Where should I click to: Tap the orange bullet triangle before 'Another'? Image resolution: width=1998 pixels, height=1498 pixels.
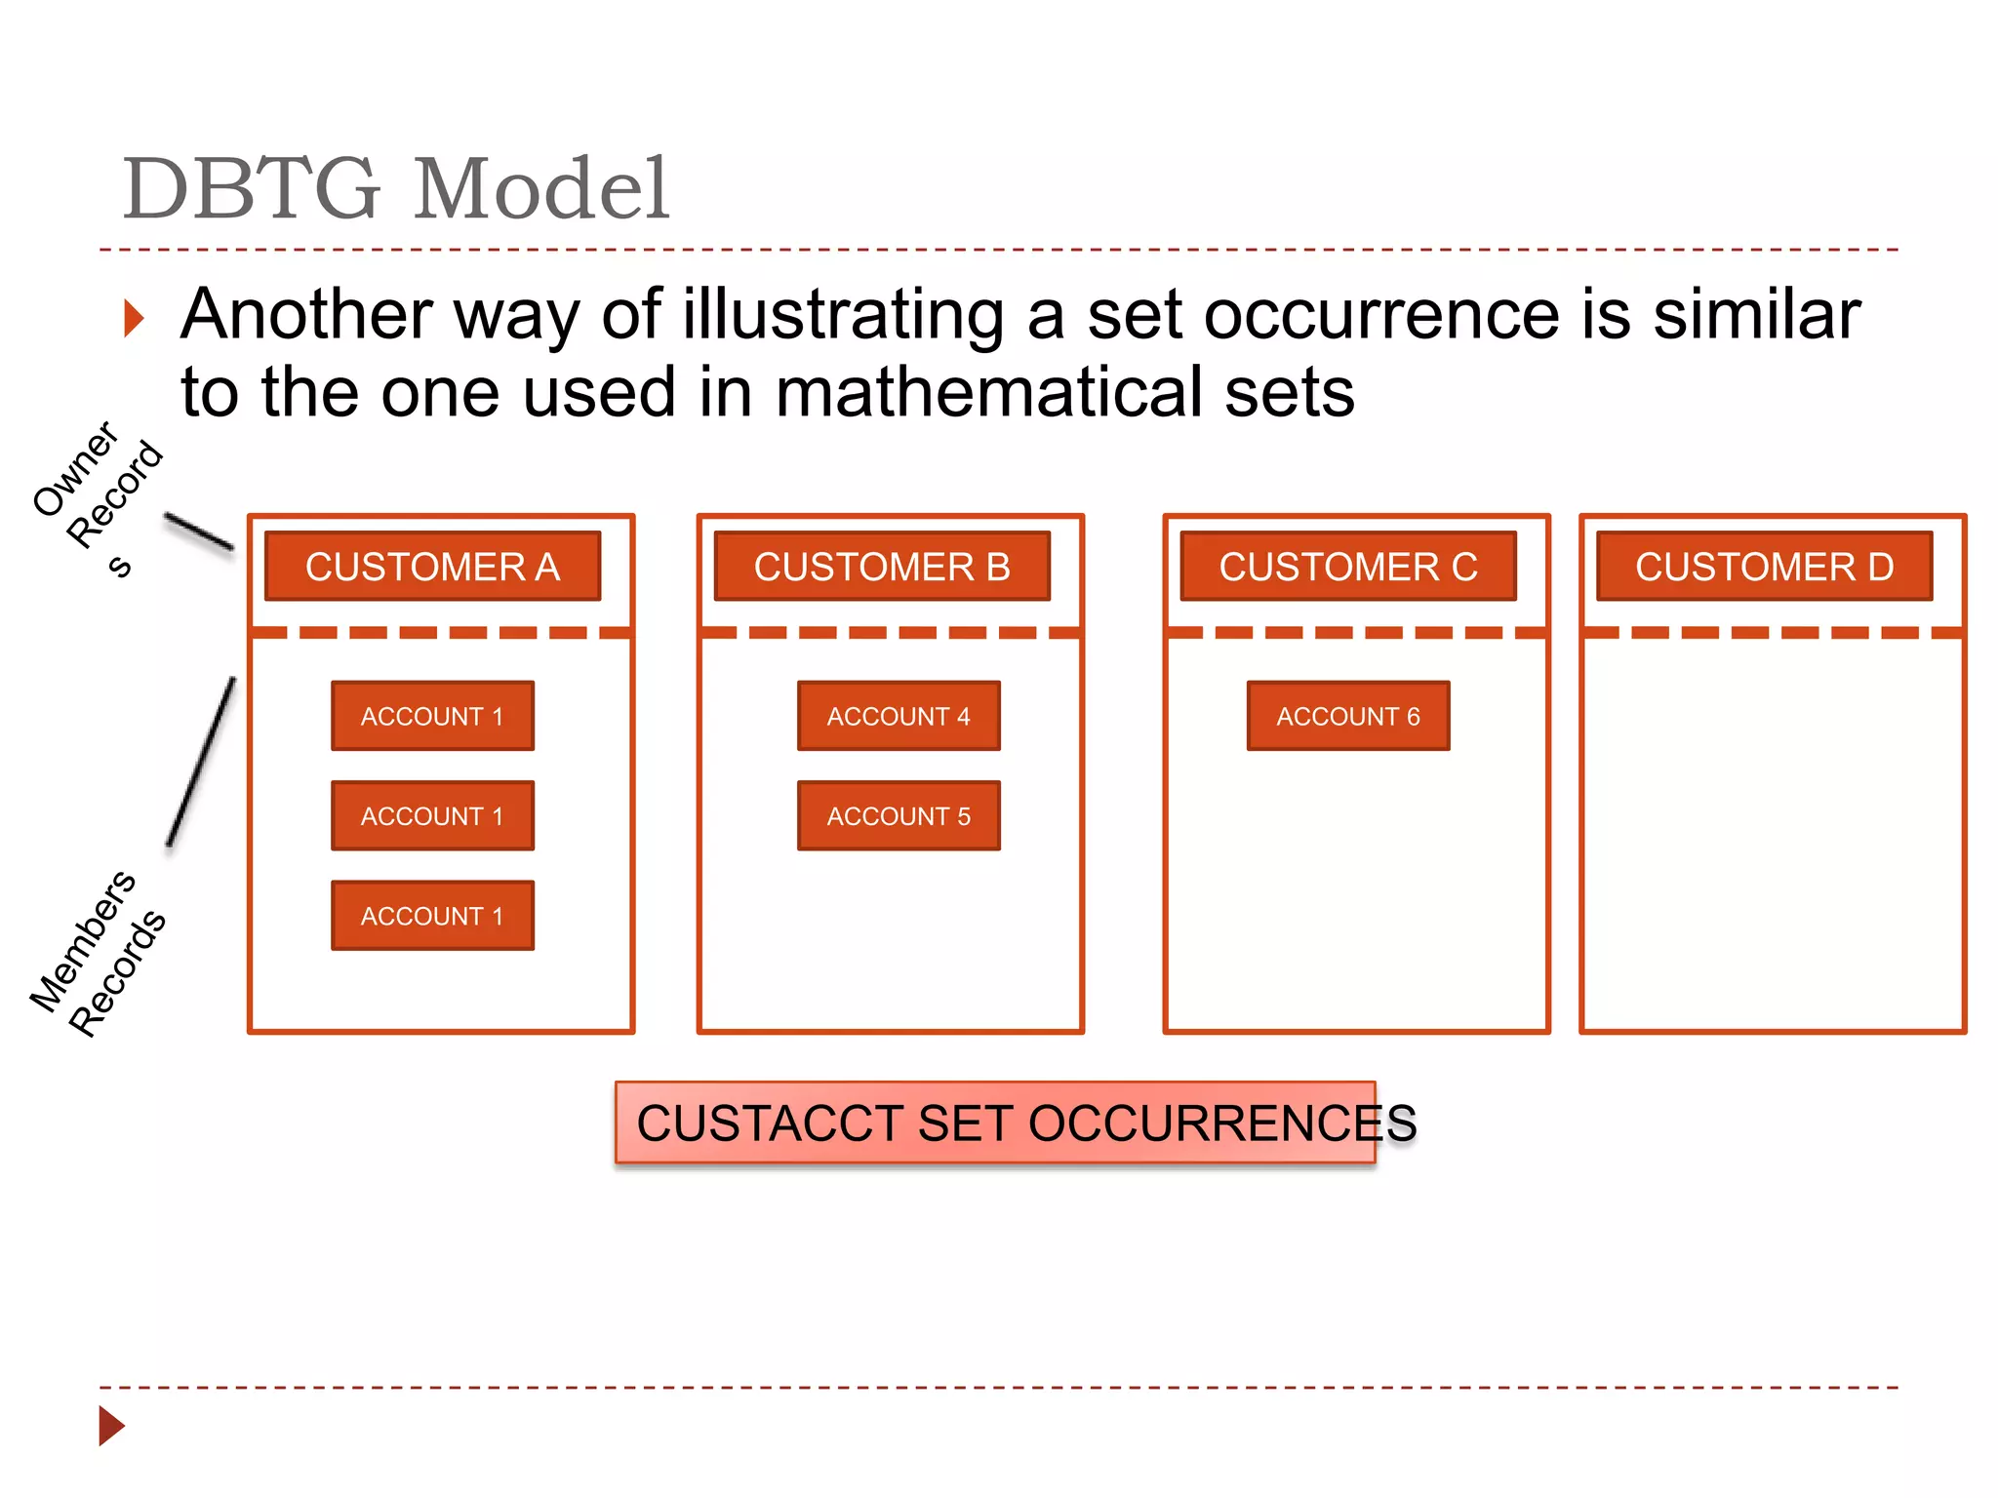click(x=135, y=319)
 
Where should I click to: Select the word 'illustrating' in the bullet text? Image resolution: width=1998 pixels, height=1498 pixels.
click(x=843, y=315)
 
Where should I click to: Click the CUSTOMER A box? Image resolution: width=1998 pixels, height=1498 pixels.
click(x=432, y=567)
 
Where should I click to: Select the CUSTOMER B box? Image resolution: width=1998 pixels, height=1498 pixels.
click(x=882, y=567)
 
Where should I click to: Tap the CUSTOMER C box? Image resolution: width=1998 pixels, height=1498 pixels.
click(x=1348, y=567)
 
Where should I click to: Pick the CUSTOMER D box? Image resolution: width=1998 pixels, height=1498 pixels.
click(x=1764, y=567)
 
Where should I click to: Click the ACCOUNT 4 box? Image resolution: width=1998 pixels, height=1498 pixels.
click(x=899, y=716)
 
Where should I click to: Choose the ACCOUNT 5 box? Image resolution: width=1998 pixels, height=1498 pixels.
click(x=899, y=816)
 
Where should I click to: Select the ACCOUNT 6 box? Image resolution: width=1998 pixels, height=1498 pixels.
click(x=1348, y=716)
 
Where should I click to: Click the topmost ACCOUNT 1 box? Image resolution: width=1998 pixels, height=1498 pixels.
click(x=432, y=716)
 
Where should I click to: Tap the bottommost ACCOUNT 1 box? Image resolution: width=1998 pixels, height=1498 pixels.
click(x=432, y=916)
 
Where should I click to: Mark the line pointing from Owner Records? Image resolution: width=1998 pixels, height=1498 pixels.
click(x=198, y=532)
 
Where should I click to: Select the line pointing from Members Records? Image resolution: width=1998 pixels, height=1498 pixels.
click(x=201, y=762)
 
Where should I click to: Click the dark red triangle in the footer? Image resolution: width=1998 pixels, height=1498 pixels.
click(x=111, y=1426)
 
